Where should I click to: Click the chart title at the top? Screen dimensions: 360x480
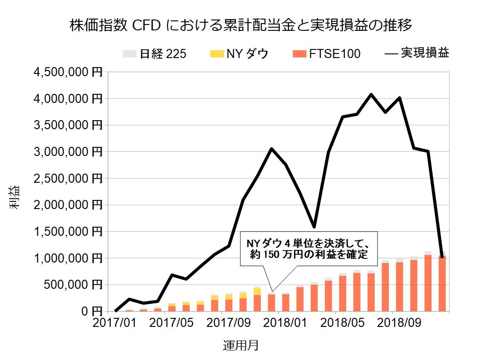coord(240,25)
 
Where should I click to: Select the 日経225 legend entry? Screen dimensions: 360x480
coord(154,54)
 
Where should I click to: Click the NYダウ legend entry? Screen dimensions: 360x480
coord(239,54)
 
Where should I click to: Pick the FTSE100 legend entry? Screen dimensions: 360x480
coord(327,54)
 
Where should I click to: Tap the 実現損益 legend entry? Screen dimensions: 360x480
coord(417,54)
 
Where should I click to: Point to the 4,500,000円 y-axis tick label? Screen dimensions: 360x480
coord(67,72)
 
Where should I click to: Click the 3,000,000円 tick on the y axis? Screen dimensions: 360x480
coord(67,151)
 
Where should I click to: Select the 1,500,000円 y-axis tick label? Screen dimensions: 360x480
coord(67,232)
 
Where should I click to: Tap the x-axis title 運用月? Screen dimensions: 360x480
coord(241,345)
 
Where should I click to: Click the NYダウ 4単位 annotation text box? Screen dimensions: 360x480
coord(309,249)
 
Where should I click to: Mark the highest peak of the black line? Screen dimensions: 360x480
coord(371,94)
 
